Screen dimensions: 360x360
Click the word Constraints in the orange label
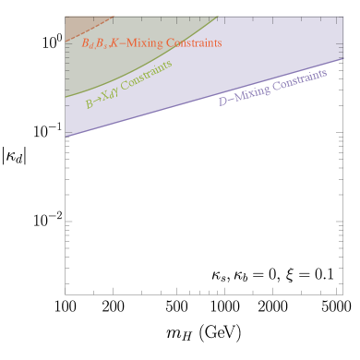(193, 43)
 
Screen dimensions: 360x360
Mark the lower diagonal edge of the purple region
(203, 99)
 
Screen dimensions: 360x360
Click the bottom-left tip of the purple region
(66, 136)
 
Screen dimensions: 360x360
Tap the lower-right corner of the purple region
(343, 61)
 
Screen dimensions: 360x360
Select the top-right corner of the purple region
(343, 17)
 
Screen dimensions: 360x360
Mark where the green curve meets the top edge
(219, 17)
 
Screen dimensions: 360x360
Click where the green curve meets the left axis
(66, 97)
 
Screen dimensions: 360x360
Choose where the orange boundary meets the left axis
(66, 41)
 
